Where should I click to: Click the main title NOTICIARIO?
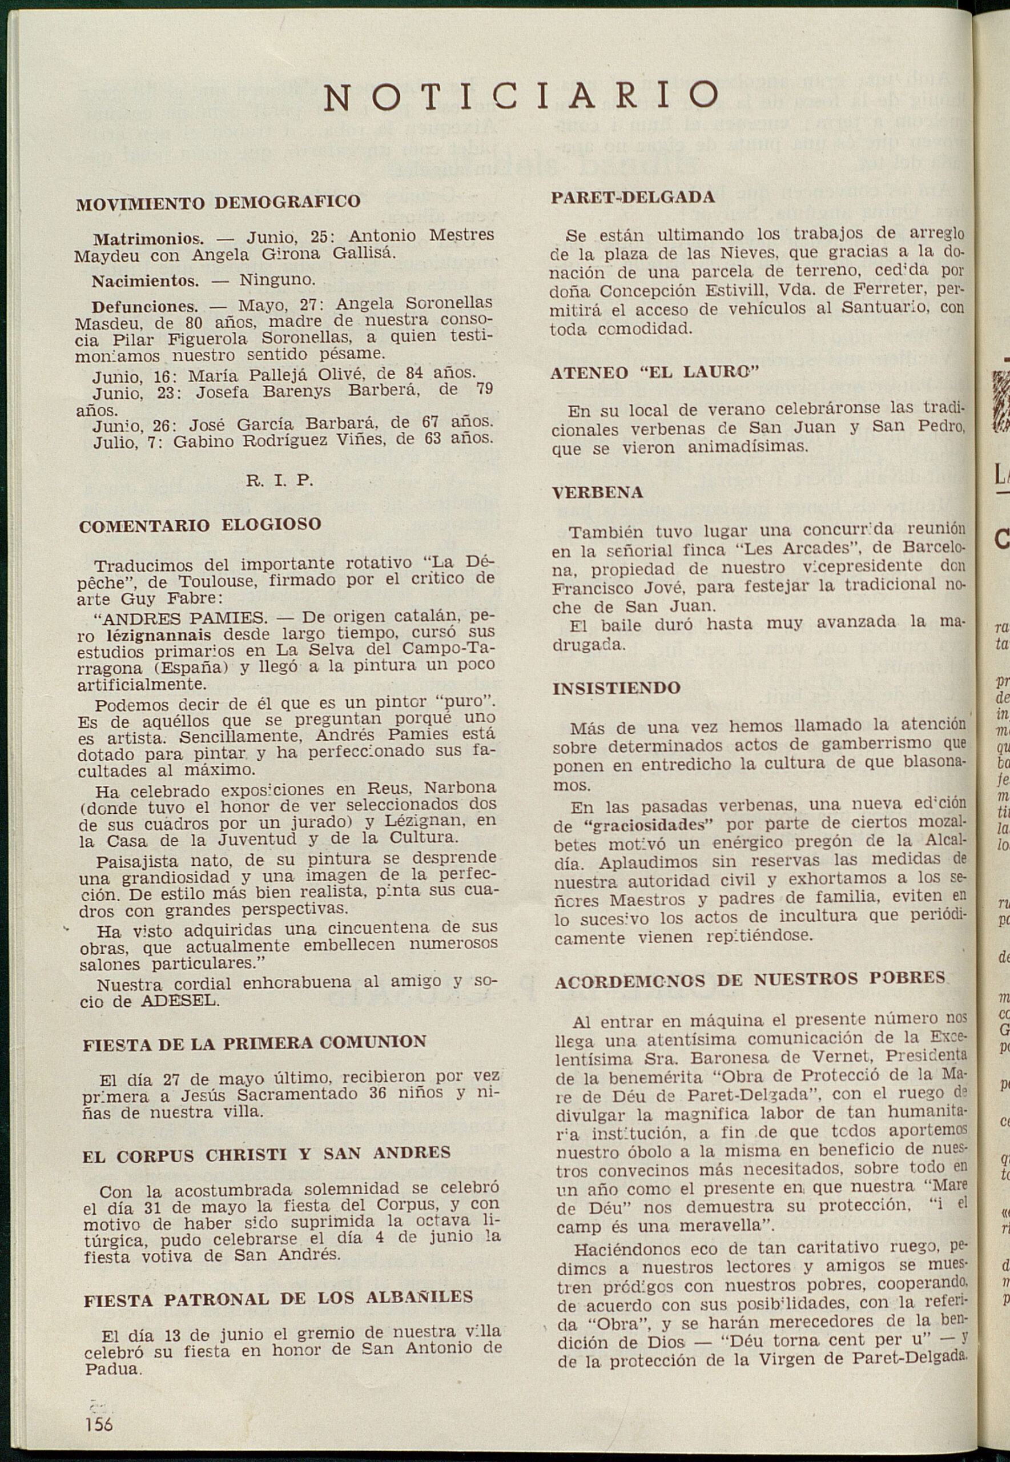pos(521,96)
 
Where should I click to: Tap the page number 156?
pos(99,1424)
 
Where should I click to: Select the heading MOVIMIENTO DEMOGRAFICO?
pos(218,203)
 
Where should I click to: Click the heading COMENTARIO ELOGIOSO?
pos(200,525)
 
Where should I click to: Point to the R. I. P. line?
pos(279,480)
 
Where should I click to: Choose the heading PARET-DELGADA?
pos(633,197)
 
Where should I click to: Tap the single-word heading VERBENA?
pos(597,492)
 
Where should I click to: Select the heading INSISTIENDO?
pos(617,688)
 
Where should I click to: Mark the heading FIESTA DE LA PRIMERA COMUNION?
pos(255,1042)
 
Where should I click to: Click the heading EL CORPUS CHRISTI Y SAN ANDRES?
pos(267,1153)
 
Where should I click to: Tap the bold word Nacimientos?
pos(145,280)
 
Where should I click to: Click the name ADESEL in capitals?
pos(179,1001)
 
